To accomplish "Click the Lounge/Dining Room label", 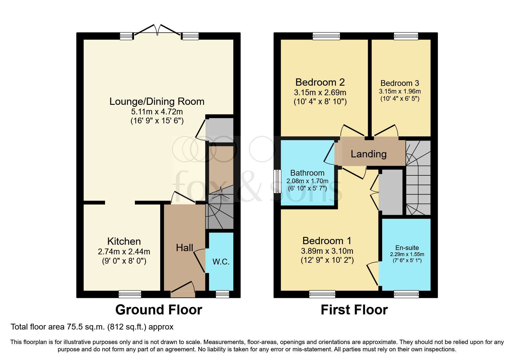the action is [x=157, y=102].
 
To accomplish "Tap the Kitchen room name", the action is [x=124, y=241].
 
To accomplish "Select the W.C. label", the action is [x=221, y=262].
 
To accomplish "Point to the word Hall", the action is [x=185, y=248].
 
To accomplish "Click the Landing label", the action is [x=369, y=154].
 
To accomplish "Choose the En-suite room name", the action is [x=407, y=248].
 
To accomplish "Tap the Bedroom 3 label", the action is [x=400, y=83].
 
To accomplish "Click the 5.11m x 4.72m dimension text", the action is [x=157, y=112].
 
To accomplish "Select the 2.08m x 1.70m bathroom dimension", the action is [x=307, y=181].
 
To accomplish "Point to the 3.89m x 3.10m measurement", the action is [x=327, y=251].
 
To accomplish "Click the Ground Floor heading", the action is [x=159, y=310].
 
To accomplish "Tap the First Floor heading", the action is [x=354, y=310].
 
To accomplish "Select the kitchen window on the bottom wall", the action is [x=130, y=294].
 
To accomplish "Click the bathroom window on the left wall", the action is [x=278, y=181].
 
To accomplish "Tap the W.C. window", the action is [x=222, y=294].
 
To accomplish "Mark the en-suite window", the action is [x=406, y=294].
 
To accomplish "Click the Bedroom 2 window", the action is [x=326, y=36].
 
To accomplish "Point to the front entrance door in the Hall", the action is [x=183, y=290].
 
